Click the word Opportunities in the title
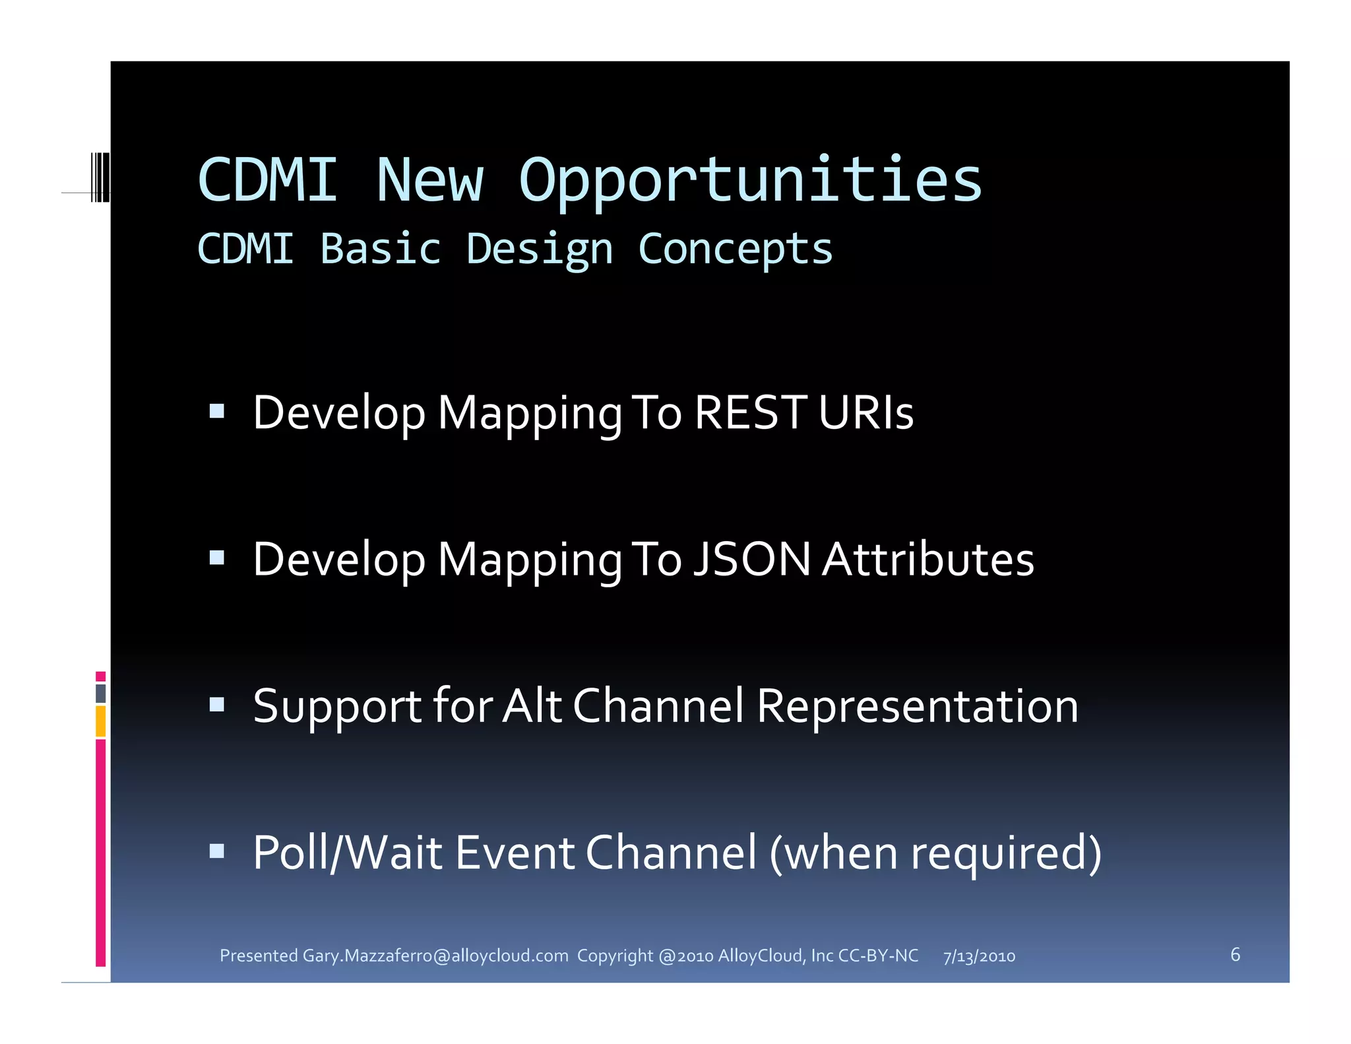(x=750, y=181)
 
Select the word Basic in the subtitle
(x=381, y=249)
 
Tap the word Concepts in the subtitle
(x=736, y=250)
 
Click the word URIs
(x=865, y=412)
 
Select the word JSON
(x=752, y=559)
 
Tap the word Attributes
(x=928, y=559)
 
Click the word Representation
(x=917, y=705)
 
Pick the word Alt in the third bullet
(x=532, y=705)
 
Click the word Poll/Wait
(x=347, y=852)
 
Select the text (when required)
(x=935, y=853)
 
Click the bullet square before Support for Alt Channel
(x=216, y=704)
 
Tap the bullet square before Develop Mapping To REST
(x=216, y=412)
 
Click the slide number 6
(x=1235, y=954)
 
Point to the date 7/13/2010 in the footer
(x=979, y=956)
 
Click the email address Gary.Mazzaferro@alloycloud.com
(x=435, y=956)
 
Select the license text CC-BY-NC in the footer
(x=877, y=956)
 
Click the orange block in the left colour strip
(x=100, y=721)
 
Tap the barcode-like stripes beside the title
(x=100, y=176)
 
